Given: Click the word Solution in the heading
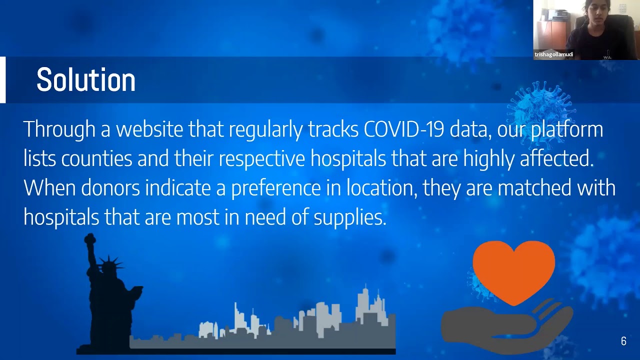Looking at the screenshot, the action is (x=86, y=79).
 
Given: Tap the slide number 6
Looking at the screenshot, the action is (x=623, y=341).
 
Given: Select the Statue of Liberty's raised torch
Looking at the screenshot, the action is (x=90, y=239).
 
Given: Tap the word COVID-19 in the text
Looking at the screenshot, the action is (x=404, y=129).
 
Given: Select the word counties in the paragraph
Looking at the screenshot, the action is (x=96, y=158).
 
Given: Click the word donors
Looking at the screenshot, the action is (x=110, y=187).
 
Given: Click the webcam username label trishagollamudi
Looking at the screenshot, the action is (x=553, y=54).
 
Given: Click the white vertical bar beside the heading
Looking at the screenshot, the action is (x=2, y=79).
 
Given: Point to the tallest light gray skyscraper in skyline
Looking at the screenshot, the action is (x=364, y=304).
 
